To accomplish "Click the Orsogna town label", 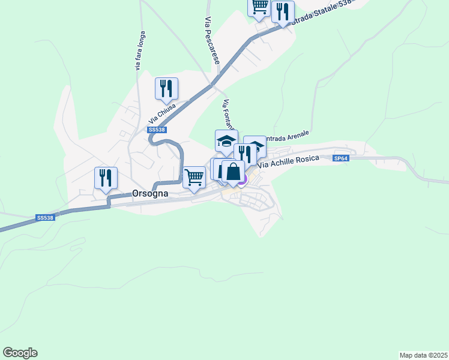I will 150,194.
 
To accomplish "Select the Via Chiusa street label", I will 164,112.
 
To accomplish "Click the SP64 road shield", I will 341,158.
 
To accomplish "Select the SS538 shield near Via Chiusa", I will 156,130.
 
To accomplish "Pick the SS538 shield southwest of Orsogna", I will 46,218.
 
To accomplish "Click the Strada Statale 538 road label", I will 318,12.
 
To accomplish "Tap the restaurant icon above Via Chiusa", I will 166,88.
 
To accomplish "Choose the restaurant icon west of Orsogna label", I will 106,177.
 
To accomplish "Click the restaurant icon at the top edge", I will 283,11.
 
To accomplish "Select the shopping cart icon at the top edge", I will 259,6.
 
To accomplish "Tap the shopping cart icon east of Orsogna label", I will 194,177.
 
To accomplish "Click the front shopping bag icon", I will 233,171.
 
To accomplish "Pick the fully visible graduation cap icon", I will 226,140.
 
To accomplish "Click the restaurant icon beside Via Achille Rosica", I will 244,154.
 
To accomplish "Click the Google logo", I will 20,353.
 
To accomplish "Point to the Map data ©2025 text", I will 423,355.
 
